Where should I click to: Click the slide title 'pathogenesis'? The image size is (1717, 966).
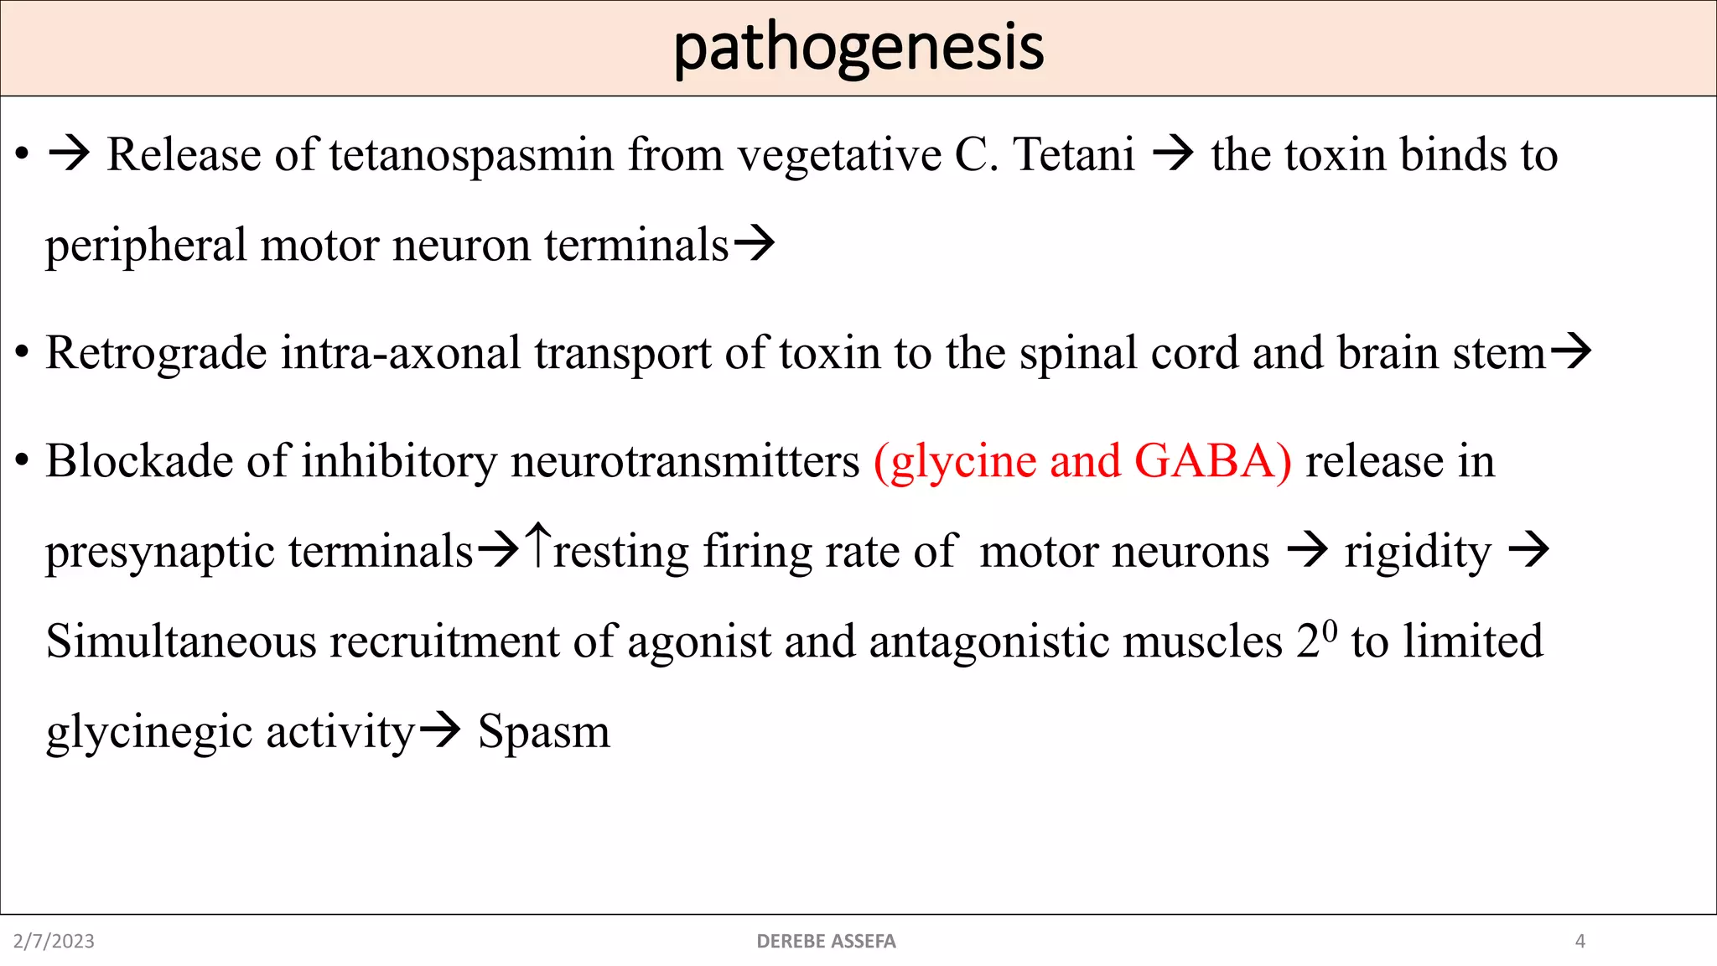(x=858, y=49)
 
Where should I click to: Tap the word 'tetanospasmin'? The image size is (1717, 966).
(x=472, y=155)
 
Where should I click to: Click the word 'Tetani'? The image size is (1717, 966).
(x=1074, y=155)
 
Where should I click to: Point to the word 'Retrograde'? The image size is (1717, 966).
(x=156, y=353)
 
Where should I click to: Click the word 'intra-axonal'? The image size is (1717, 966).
(x=401, y=353)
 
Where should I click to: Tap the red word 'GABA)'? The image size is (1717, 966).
(x=1212, y=461)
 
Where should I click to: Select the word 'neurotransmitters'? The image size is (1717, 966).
(x=685, y=461)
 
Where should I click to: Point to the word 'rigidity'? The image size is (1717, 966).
(x=1418, y=553)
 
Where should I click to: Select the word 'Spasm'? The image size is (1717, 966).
(x=543, y=731)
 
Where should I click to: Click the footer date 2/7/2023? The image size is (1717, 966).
(x=54, y=941)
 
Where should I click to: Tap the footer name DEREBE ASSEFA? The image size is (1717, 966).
(x=826, y=941)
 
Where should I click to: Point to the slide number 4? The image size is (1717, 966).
(x=1580, y=941)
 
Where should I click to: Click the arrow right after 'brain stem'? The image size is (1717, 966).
(x=1570, y=352)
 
